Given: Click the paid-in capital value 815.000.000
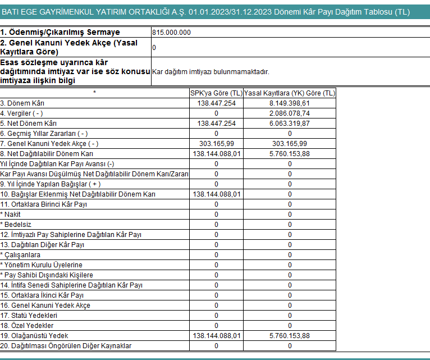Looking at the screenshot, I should (x=171, y=33).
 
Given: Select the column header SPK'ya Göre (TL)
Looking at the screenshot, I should (x=216, y=93).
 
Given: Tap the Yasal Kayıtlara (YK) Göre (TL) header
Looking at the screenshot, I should (x=290, y=93).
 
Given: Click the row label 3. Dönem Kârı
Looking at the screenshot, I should (x=22, y=103).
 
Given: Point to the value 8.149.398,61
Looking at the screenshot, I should (x=290, y=103).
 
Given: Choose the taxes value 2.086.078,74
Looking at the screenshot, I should (x=290, y=113).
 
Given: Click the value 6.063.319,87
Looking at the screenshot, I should (x=290, y=124).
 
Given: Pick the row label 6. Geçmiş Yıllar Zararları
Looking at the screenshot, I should (x=44, y=134).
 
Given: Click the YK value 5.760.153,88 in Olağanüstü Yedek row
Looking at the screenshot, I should (x=290, y=336).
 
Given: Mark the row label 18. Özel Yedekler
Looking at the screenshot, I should (x=27, y=326).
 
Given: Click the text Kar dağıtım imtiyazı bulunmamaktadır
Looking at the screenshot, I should (x=211, y=72).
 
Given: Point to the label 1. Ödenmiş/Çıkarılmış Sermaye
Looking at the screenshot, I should (x=60, y=33).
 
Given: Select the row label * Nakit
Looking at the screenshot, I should (x=11, y=215).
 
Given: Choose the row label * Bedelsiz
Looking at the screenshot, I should (x=15, y=225).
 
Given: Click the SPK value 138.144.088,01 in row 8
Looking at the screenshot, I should (x=217, y=154).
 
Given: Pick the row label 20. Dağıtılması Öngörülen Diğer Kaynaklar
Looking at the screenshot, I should (x=66, y=346).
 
